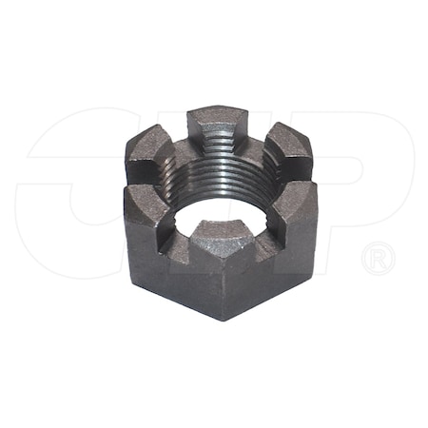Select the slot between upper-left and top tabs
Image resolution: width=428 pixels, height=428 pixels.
181,134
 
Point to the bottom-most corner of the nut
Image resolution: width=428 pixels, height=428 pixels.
222,319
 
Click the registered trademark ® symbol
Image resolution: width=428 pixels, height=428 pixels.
378,258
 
